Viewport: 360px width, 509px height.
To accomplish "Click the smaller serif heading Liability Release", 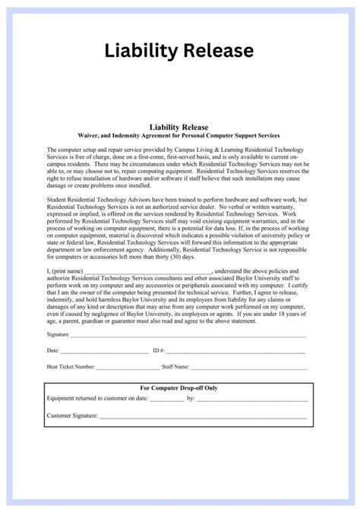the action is (x=180, y=127).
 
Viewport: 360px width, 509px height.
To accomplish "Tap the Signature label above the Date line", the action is (x=58, y=334).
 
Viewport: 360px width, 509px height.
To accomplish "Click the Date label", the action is (x=52, y=351).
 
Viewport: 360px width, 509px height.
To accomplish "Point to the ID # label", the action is (x=159, y=351).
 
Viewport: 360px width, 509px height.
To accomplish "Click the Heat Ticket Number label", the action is (x=71, y=366).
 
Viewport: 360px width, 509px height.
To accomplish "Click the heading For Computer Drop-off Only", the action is (x=180, y=387).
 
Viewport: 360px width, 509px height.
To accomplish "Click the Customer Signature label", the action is (x=72, y=416).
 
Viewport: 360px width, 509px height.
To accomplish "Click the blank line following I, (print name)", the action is (x=148, y=271).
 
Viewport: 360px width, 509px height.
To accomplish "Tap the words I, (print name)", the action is (x=64, y=270).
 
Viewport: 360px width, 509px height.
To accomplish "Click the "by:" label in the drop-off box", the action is (x=191, y=398).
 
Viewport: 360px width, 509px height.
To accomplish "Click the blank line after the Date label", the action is (x=104, y=353).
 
